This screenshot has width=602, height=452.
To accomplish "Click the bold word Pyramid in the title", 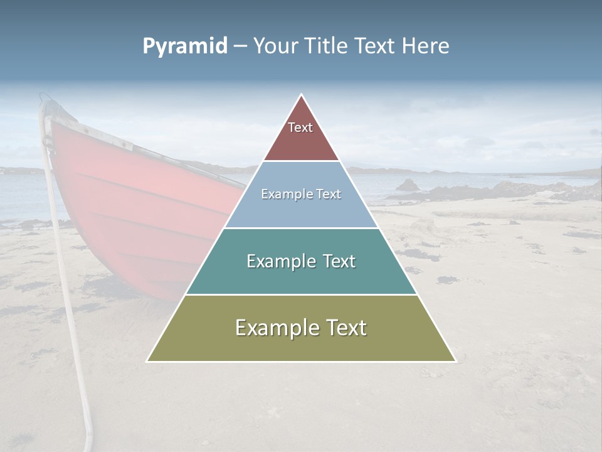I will tap(184, 46).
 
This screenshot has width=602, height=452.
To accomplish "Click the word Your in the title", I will tap(275, 46).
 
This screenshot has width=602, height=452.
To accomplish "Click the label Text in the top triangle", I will tap(300, 127).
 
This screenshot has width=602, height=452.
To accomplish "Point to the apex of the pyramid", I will tap(302, 95).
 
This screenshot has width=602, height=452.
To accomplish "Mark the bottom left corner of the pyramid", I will tap(147, 361).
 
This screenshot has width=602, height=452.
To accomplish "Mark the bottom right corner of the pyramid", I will tap(455, 361).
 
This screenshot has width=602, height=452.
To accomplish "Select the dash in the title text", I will tap(240, 46).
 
